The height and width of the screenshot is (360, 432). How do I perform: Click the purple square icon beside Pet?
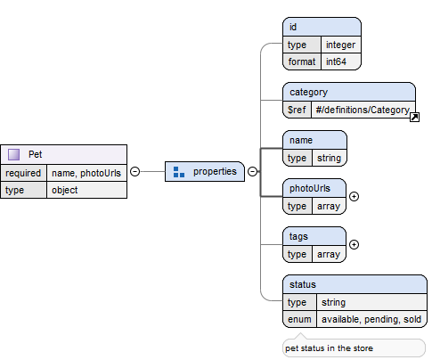click(13, 154)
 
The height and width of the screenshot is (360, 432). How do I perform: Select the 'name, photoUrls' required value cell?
click(86, 173)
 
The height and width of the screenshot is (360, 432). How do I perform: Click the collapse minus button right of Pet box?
click(135, 171)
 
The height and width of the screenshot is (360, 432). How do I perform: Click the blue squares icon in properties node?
click(179, 172)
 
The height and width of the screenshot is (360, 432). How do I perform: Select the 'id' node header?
click(322, 27)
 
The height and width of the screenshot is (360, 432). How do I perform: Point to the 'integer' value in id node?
click(341, 45)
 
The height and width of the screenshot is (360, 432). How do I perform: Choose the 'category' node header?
click(349, 92)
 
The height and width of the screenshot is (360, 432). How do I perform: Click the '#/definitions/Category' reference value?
click(363, 110)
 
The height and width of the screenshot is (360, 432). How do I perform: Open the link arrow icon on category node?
click(414, 118)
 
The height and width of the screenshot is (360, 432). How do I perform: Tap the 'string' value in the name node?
click(330, 158)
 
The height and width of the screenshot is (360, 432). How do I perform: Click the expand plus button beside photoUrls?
click(354, 196)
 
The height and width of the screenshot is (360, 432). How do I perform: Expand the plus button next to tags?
click(354, 244)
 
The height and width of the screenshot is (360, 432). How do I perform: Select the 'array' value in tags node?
click(329, 254)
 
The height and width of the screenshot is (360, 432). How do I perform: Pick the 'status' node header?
click(355, 284)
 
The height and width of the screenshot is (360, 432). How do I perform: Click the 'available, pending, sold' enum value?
click(371, 319)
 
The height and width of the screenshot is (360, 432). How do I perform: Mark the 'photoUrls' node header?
click(314, 188)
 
